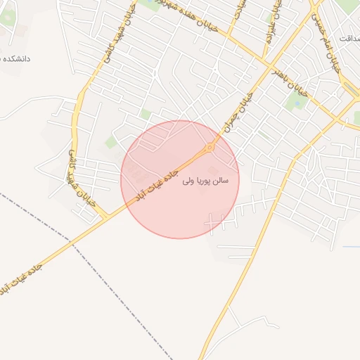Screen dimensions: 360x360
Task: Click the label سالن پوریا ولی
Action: [x=210, y=181]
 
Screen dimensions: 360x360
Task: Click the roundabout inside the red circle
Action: [x=209, y=148]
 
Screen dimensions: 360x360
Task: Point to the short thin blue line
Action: [x=351, y=247]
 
